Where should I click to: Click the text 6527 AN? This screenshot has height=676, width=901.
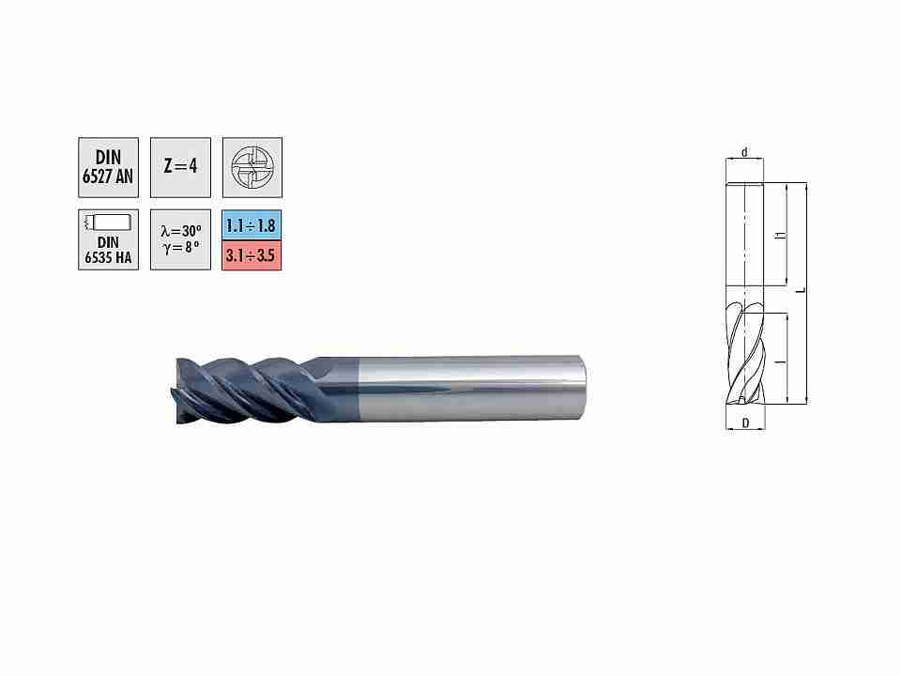(x=108, y=177)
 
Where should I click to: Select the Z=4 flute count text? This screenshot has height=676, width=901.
(x=180, y=166)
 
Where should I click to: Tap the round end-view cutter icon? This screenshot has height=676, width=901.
(x=252, y=167)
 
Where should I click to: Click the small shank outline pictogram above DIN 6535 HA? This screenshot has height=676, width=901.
(x=108, y=222)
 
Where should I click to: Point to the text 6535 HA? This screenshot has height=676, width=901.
(x=108, y=257)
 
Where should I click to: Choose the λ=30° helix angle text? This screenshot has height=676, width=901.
(x=181, y=231)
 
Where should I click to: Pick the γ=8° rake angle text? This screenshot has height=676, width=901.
(x=181, y=248)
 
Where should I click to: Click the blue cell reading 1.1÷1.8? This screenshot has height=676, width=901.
(x=252, y=225)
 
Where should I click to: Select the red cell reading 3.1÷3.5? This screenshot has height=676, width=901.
(x=252, y=255)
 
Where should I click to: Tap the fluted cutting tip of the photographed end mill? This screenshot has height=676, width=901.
(x=176, y=391)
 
